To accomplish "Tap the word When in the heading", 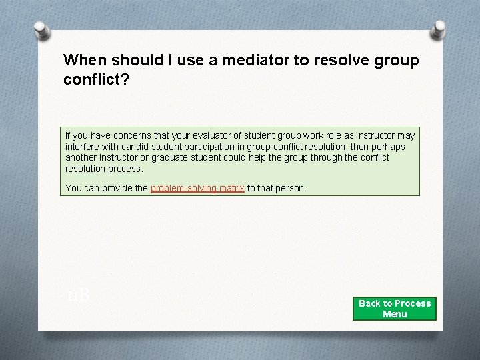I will pos(85,60).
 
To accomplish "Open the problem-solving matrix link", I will pos(197,189).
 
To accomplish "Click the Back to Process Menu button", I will pos(395,309).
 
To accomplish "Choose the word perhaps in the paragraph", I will pos(389,147).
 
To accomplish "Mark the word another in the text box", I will pos(82,158).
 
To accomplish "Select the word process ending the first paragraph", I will pos(126,169).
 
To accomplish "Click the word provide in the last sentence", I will pos(115,189).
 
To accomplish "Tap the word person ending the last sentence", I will pos(291,189).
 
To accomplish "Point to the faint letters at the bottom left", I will pos(79,295).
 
